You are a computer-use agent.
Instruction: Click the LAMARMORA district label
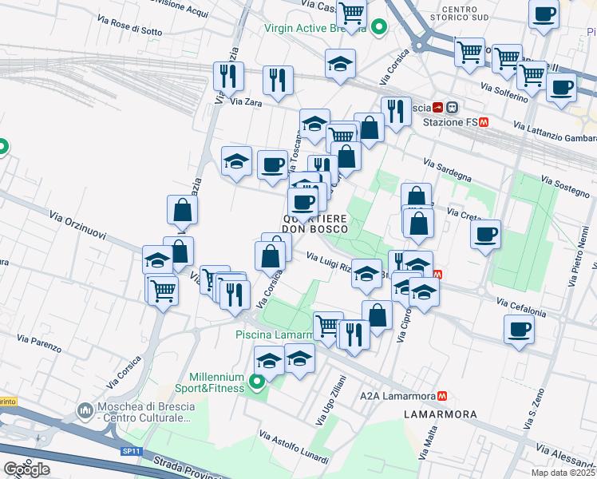click(x=441, y=414)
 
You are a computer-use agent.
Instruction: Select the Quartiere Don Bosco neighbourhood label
click(x=315, y=224)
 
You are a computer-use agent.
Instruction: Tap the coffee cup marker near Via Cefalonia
click(x=519, y=328)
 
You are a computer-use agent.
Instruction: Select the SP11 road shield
click(x=131, y=451)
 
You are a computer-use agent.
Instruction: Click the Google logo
click(x=26, y=469)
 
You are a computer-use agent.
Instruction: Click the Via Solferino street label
click(x=504, y=92)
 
